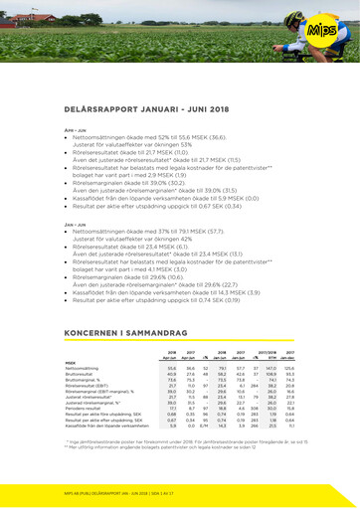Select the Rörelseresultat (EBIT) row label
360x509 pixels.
pos(88,388)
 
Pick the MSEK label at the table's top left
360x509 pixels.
pos(72,362)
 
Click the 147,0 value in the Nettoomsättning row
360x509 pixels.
pos(270,368)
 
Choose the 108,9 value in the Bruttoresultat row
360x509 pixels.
pos(270,375)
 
